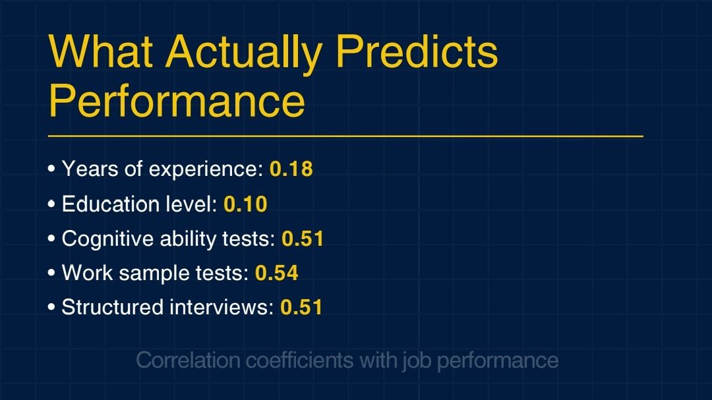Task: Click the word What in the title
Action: pyautogui.click(x=100, y=51)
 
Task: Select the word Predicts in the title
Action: pyautogui.click(x=417, y=51)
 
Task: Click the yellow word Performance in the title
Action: pyautogui.click(x=177, y=100)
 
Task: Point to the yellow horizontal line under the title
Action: pyautogui.click(x=345, y=136)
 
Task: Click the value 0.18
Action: pyautogui.click(x=291, y=169)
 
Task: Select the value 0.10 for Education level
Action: pyautogui.click(x=245, y=204)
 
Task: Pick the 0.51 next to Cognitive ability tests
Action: pyautogui.click(x=303, y=239)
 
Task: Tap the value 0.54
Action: pyautogui.click(x=276, y=273)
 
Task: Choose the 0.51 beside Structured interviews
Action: pyautogui.click(x=301, y=307)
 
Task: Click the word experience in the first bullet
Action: pyautogui.click(x=206, y=170)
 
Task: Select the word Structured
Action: pyautogui.click(x=112, y=307)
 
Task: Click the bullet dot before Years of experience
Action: pyautogui.click(x=51, y=169)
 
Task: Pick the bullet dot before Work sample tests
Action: pyautogui.click(x=51, y=273)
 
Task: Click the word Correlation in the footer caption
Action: pyautogui.click(x=188, y=360)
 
